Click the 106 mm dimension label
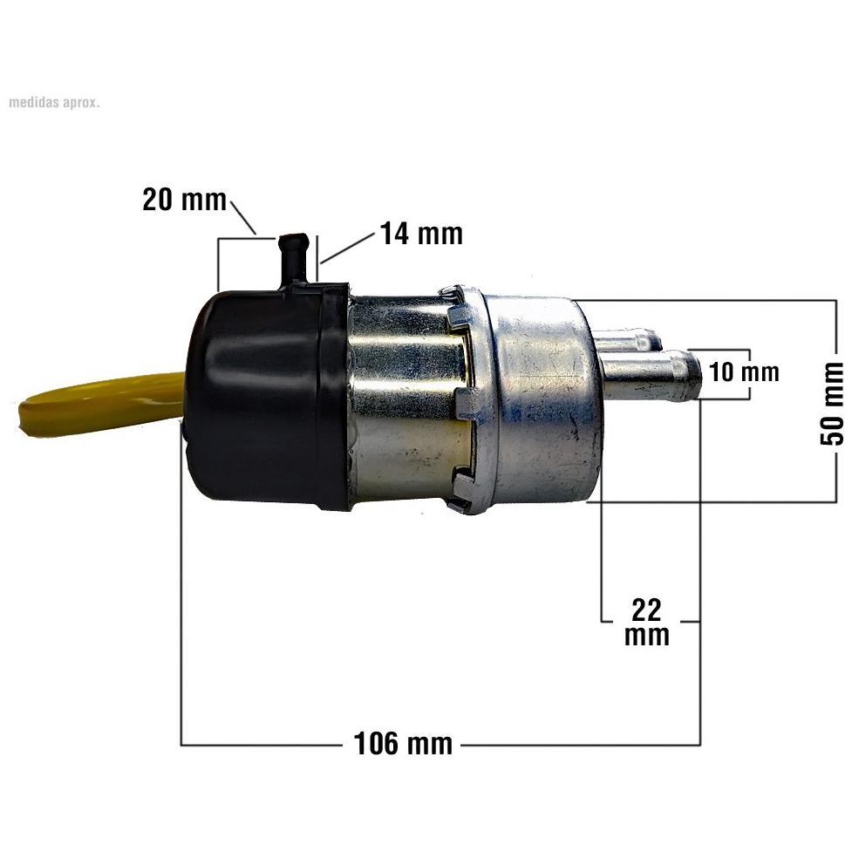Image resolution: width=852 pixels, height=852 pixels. [x=403, y=743]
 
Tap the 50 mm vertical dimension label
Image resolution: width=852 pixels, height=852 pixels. [x=833, y=403]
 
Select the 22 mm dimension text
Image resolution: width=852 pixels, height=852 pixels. [x=646, y=622]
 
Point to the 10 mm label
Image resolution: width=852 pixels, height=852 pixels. [x=744, y=372]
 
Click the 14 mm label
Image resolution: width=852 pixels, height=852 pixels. [x=421, y=234]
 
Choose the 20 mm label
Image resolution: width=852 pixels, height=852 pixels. [x=184, y=200]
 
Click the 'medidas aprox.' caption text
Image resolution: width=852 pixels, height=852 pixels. [x=54, y=102]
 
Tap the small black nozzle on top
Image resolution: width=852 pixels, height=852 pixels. [x=293, y=259]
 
